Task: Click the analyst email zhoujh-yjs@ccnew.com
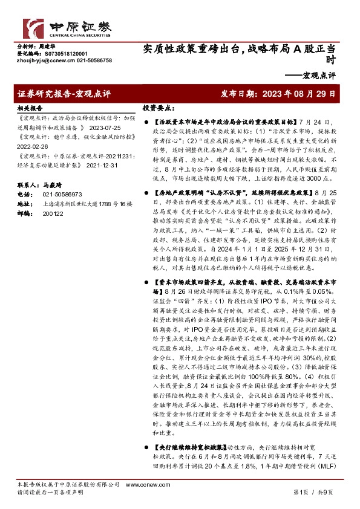[x=41, y=60]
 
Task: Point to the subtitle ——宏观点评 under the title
[x=310, y=75]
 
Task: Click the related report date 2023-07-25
[x=106, y=128]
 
